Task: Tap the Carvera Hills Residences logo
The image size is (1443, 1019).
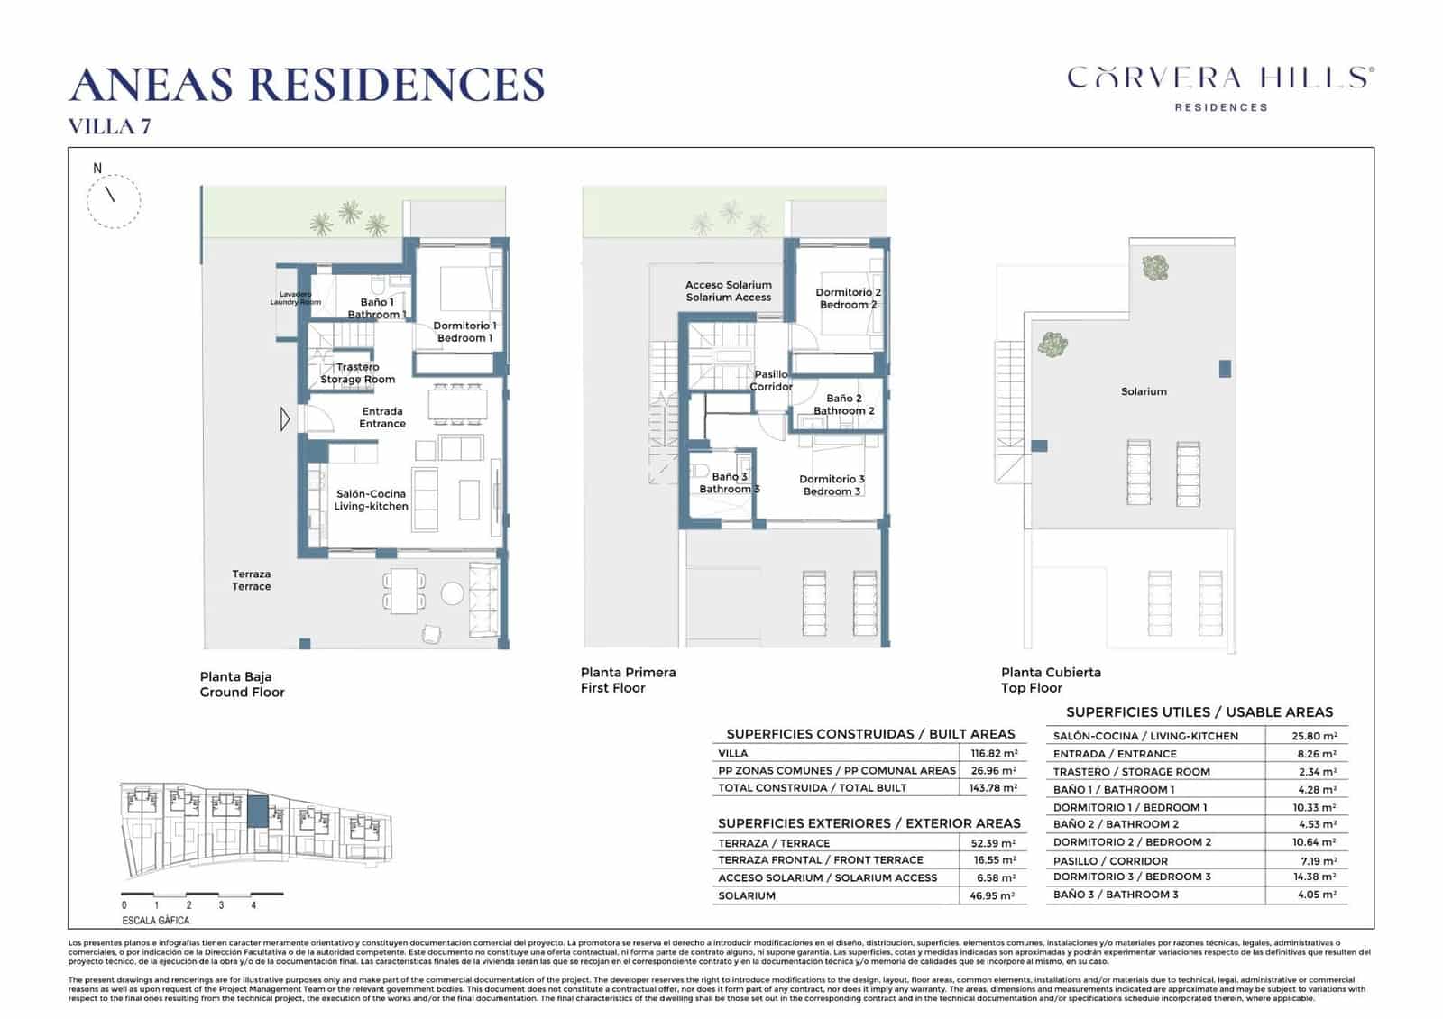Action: [x=1220, y=87]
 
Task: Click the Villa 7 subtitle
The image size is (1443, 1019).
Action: [x=109, y=127]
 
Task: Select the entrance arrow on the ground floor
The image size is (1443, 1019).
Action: [x=285, y=418]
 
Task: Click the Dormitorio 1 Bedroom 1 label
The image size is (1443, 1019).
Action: [x=464, y=332]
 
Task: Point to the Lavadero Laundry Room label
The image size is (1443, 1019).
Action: [x=295, y=298]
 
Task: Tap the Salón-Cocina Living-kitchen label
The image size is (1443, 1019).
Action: [x=371, y=500]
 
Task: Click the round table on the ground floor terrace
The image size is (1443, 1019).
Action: [x=452, y=592]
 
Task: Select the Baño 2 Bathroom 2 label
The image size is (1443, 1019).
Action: [x=843, y=404]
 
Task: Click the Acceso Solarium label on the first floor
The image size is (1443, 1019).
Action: [x=728, y=290]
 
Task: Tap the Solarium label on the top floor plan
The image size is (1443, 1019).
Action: [x=1144, y=391]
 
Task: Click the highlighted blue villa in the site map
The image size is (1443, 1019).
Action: [x=257, y=812]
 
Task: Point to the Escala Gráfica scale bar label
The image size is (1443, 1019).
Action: [x=155, y=921]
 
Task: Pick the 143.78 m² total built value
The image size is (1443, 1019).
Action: [x=993, y=787]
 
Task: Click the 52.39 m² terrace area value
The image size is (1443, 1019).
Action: [x=994, y=843]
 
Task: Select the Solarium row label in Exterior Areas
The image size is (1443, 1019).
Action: [x=746, y=895]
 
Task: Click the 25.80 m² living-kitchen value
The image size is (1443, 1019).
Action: [x=1314, y=736]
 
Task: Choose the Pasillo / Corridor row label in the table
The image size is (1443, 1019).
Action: [x=1110, y=861]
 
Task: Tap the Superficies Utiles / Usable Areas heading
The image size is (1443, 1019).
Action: [x=1199, y=712]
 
